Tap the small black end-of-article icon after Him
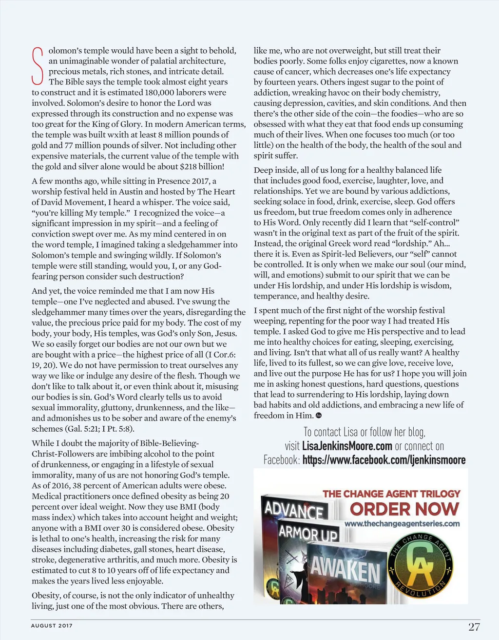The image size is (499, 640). tap(319, 416)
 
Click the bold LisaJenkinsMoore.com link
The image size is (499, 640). tap(347, 446)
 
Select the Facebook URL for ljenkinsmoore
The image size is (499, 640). tap(384, 460)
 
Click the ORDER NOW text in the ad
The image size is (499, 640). tap(404, 509)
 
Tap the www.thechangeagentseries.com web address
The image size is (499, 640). tap(402, 524)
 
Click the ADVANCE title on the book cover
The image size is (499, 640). tap(294, 510)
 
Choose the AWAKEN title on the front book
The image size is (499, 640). tap(345, 570)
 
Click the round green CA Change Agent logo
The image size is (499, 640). tap(420, 566)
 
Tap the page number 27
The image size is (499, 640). tap(474, 627)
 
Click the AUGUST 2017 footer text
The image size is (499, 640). tap(52, 625)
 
